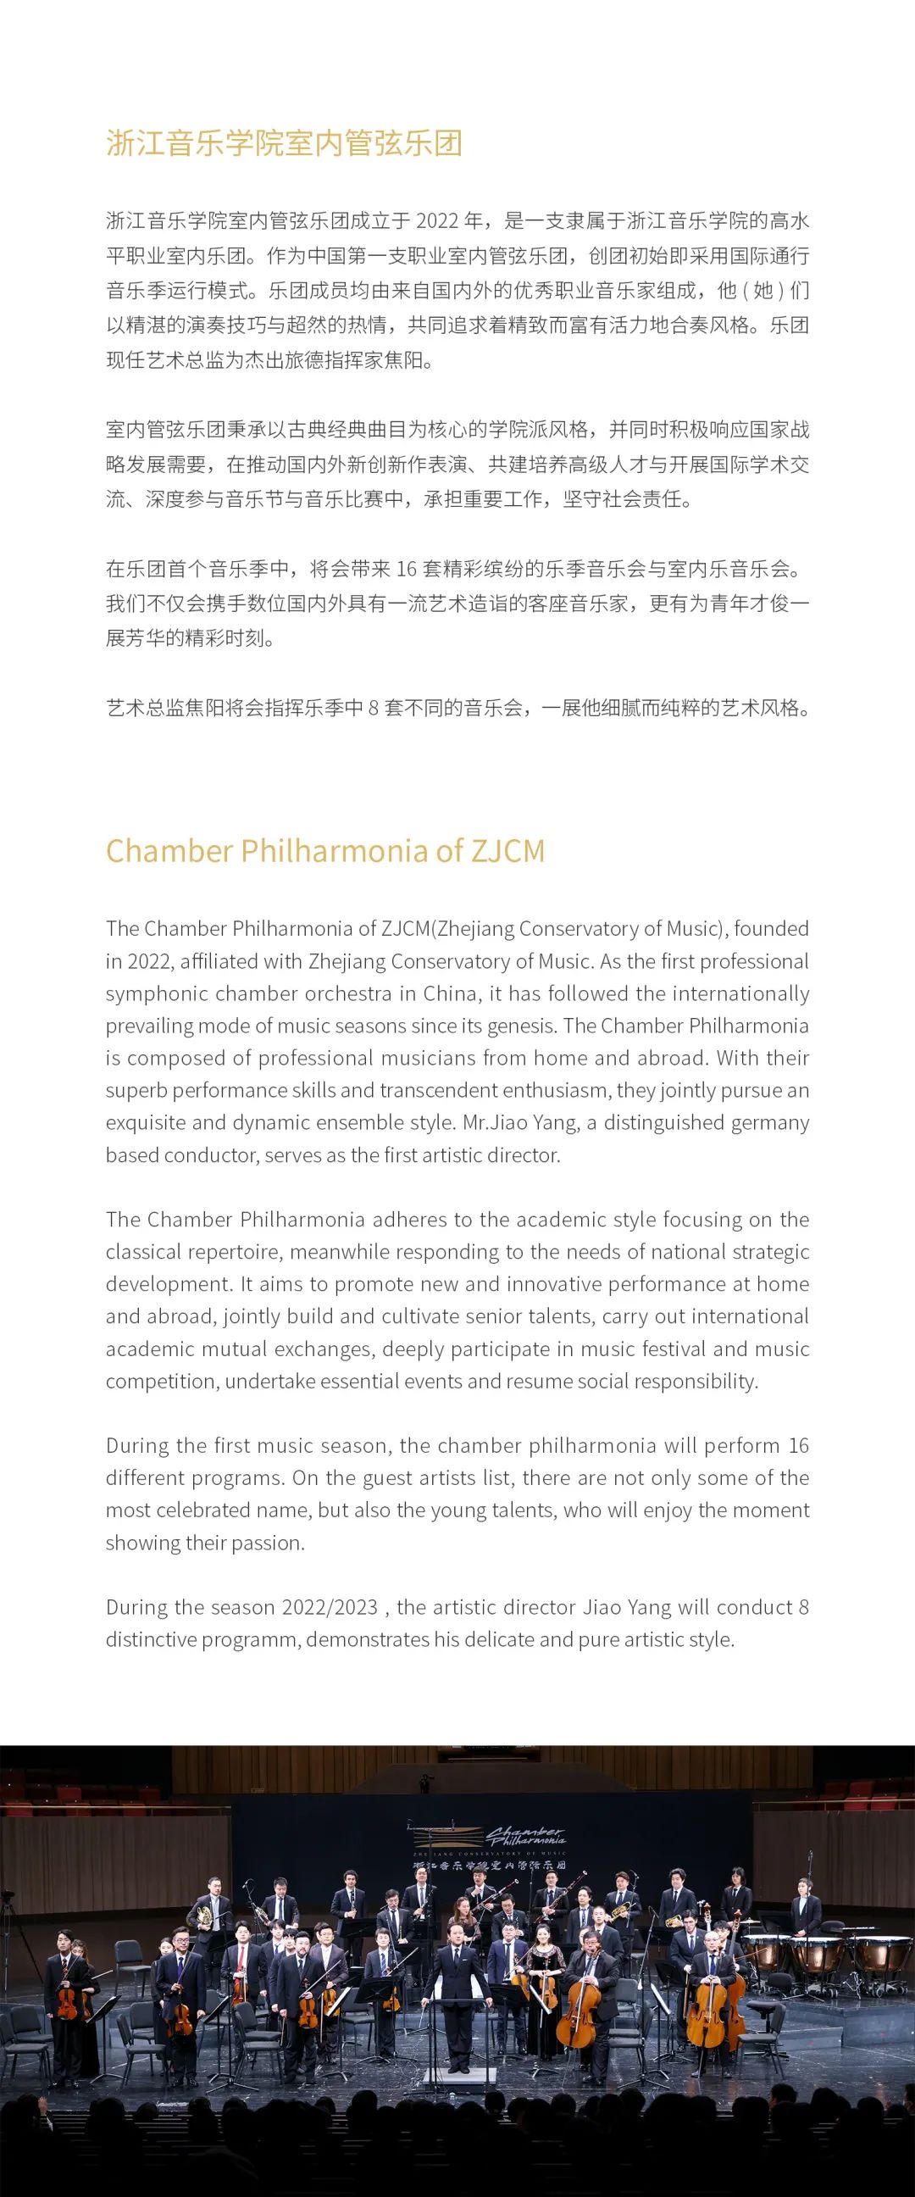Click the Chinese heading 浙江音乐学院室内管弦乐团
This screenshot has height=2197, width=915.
click(x=284, y=143)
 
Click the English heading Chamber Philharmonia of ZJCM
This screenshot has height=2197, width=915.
click(x=324, y=851)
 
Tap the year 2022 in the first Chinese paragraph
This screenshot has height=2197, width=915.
click(x=436, y=221)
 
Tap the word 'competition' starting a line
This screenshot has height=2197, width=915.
click(x=160, y=1382)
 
